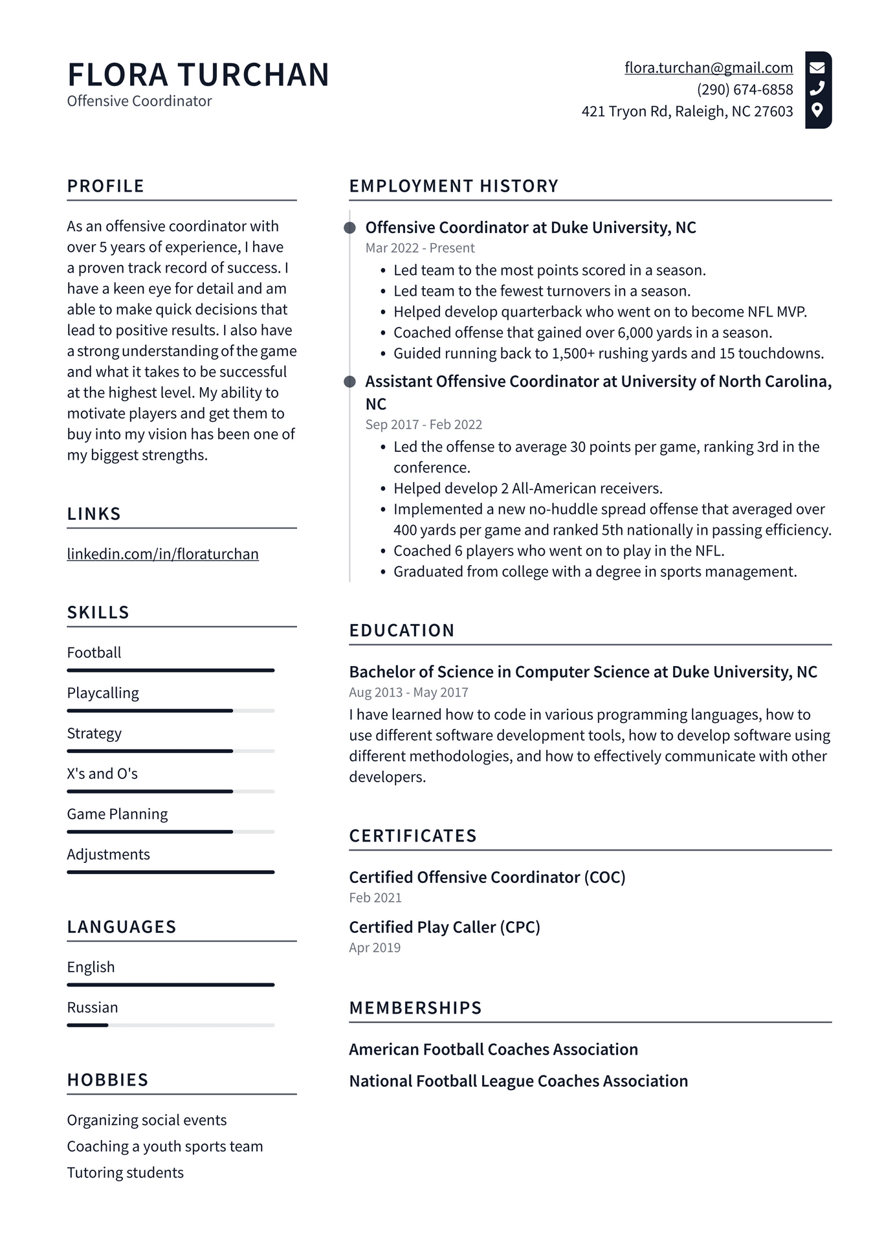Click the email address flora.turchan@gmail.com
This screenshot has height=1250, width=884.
[709, 68]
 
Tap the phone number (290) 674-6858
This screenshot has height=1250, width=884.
[745, 89]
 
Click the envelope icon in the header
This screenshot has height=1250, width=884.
[817, 67]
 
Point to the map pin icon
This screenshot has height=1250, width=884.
[817, 110]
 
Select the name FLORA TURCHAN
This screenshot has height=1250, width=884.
[198, 74]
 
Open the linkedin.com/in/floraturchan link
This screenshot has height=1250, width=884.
[162, 554]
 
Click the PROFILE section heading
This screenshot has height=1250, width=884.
[105, 186]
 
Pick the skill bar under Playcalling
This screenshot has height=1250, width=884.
[170, 711]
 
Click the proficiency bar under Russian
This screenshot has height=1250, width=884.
[170, 1025]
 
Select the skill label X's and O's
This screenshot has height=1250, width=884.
[102, 774]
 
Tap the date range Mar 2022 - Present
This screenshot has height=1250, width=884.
[420, 248]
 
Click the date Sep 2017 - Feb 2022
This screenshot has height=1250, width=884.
[424, 425]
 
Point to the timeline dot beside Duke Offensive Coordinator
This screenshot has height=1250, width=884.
[349, 228]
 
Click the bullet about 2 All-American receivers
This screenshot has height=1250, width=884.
[527, 488]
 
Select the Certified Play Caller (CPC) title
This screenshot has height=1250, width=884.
[445, 927]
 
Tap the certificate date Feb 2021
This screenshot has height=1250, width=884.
[375, 898]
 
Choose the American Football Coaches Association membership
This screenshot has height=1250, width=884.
[493, 1049]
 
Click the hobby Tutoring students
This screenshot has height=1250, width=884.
[126, 1172]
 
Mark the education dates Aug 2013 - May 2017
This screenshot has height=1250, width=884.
[408, 693]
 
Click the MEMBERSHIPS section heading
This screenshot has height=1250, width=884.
[415, 1008]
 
